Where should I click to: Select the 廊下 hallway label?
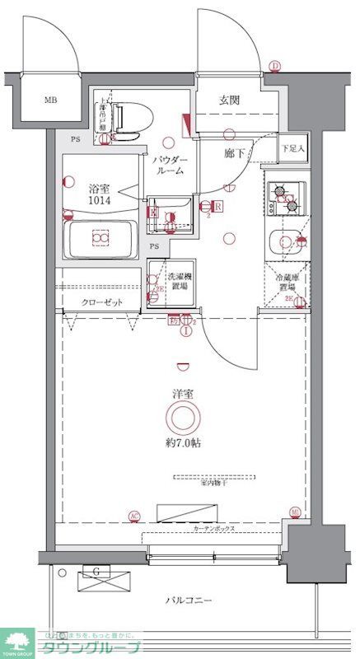(234, 152)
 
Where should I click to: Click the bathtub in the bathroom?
(101, 239)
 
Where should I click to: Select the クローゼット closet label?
(102, 302)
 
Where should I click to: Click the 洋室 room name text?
(183, 393)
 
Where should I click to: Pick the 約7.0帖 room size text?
(183, 442)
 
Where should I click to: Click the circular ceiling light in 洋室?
(183, 418)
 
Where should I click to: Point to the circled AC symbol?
(133, 516)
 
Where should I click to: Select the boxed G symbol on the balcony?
(97, 571)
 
